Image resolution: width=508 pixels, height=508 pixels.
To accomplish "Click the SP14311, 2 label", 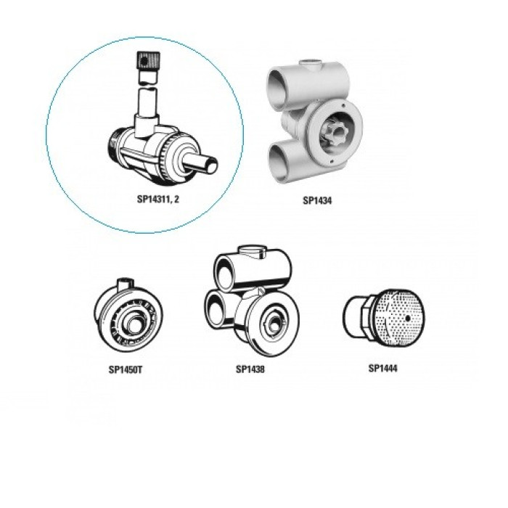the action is [x=157, y=199].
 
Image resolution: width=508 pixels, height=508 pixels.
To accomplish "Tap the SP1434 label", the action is [x=317, y=200].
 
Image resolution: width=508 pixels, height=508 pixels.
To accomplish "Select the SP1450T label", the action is [x=126, y=369].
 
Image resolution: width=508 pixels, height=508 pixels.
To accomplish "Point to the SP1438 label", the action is [x=250, y=369].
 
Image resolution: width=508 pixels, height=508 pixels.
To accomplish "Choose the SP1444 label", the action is [x=382, y=369].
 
